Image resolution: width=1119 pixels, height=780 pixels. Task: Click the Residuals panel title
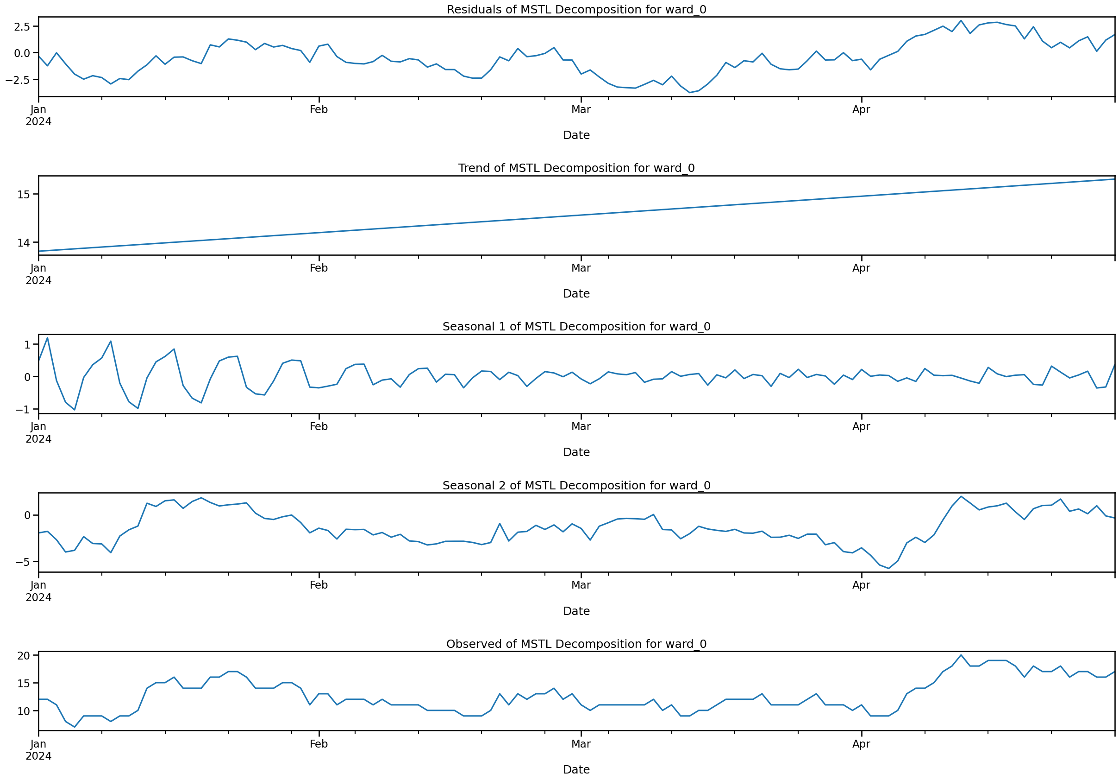576,10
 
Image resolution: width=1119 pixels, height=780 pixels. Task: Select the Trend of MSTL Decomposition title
576,168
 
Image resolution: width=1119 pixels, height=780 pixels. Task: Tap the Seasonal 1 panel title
576,327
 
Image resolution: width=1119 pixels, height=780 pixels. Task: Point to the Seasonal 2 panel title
576,486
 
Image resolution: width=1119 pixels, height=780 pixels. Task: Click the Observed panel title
576,644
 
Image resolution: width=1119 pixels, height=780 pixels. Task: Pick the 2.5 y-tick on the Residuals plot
21,26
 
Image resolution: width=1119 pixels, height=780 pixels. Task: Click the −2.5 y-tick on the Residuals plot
18,80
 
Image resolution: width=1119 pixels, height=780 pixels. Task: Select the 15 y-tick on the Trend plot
24,195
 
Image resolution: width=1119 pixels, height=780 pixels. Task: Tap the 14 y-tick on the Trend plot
24,243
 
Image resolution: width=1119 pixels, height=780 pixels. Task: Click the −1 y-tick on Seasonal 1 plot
22,410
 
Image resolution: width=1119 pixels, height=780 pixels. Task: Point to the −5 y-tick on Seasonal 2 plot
22,562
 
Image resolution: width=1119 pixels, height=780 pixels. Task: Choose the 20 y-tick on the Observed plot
24,656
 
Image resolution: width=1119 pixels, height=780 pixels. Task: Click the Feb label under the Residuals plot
319,110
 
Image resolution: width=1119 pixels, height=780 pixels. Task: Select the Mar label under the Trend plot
581,268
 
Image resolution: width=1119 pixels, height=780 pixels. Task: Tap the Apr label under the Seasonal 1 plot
861,427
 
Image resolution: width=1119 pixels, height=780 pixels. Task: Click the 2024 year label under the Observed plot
38,756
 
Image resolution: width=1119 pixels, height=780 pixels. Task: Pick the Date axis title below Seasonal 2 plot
576,611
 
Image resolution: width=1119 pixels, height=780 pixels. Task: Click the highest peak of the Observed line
961,655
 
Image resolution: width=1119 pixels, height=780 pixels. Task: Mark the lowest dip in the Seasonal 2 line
888,568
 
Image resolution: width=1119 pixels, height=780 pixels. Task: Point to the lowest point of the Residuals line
690,93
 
